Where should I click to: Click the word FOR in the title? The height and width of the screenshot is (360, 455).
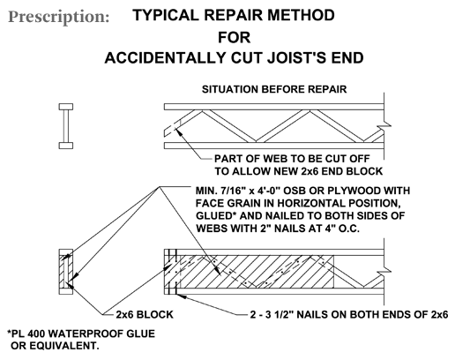click(x=235, y=37)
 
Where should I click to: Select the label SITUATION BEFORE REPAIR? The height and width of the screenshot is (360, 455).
click(x=274, y=89)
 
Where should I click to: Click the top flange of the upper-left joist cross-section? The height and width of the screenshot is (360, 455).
click(x=66, y=107)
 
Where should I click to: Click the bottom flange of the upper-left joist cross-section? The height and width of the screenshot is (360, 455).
click(x=66, y=146)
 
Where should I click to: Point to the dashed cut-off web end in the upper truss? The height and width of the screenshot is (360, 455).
click(x=174, y=127)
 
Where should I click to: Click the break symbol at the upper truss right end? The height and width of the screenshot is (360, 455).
click(x=384, y=126)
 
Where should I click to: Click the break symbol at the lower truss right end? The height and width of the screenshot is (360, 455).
click(x=384, y=272)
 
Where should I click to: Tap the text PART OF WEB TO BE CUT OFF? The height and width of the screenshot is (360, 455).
click(x=292, y=159)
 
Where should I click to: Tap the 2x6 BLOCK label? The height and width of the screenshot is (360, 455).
click(x=145, y=315)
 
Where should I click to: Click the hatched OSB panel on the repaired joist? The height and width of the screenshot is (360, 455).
click(x=257, y=272)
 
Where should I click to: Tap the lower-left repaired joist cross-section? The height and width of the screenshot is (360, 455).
click(x=66, y=272)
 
